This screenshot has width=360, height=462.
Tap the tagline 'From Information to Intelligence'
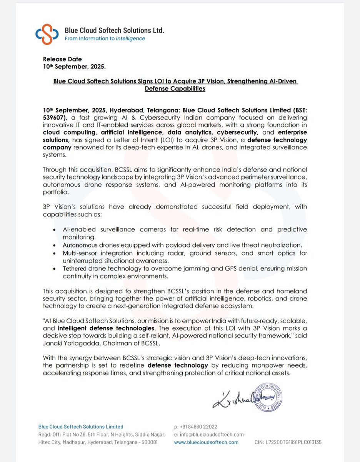[105, 38]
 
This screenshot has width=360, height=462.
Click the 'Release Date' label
[62, 59]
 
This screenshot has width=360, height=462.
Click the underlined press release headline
[175, 85]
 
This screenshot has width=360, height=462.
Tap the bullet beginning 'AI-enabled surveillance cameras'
[185, 233]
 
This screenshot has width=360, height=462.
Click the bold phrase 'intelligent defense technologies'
[106, 329]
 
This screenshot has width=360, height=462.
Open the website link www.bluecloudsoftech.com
[206, 442]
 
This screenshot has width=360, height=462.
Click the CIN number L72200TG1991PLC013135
[288, 442]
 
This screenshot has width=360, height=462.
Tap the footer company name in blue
[81, 427]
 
